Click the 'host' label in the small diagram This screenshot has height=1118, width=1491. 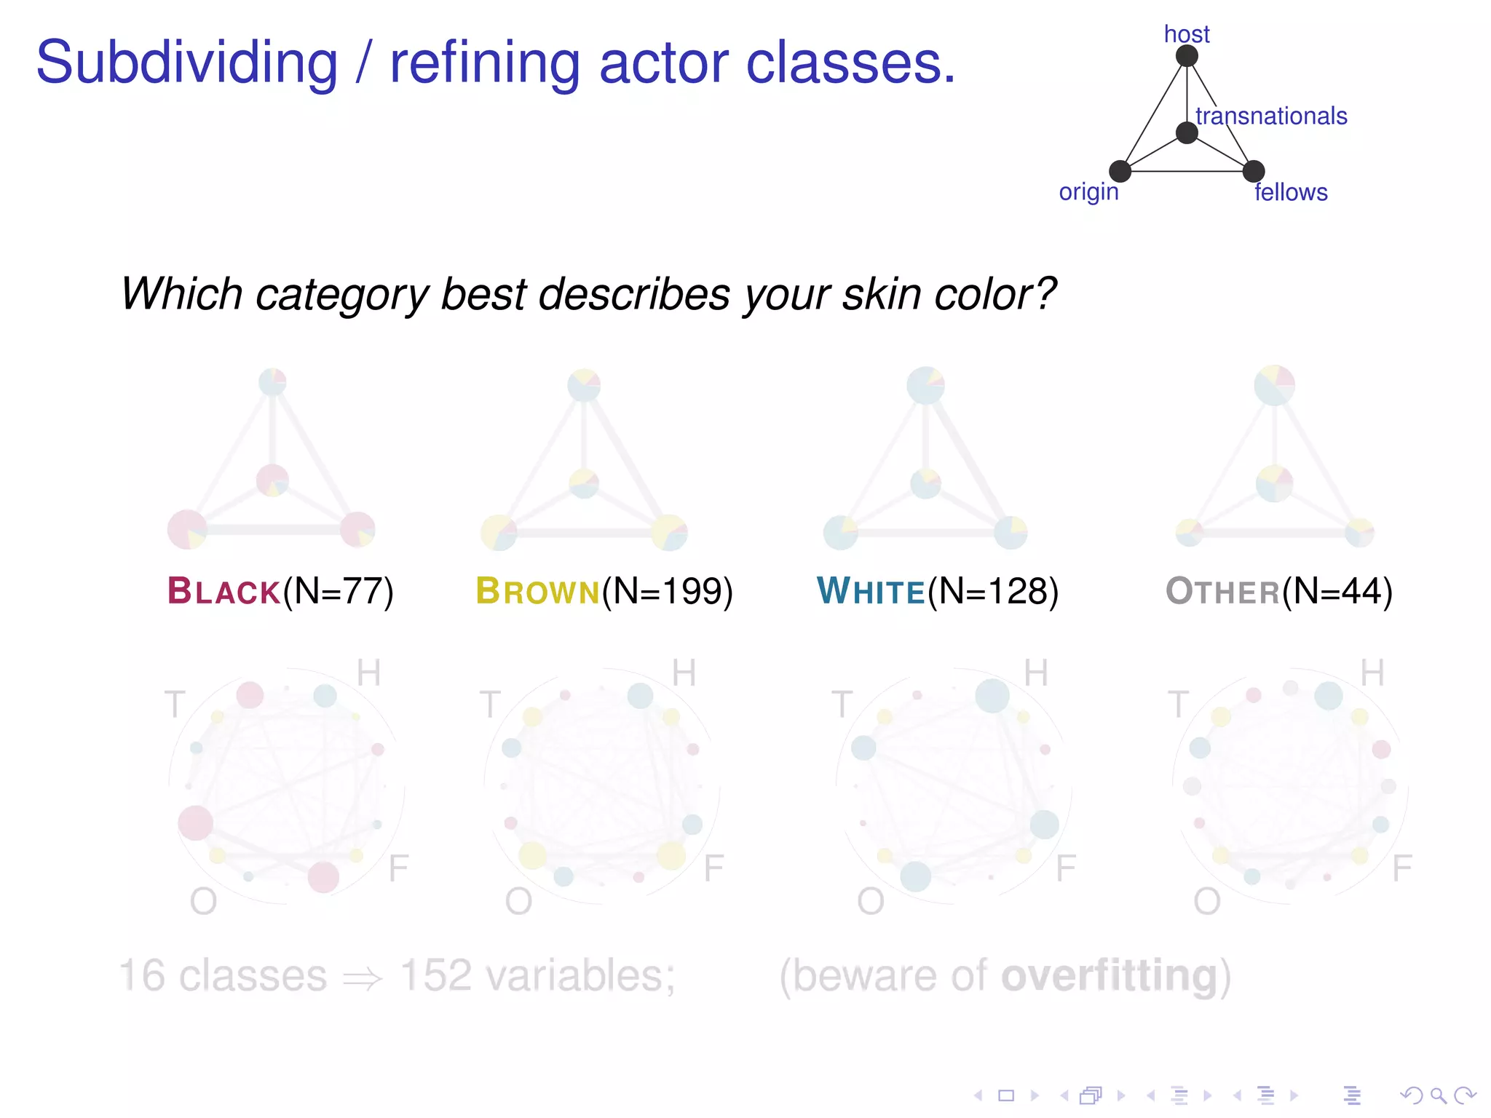(x=1186, y=34)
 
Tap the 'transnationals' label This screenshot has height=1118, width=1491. (x=1271, y=116)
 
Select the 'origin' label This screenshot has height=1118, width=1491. (x=1088, y=192)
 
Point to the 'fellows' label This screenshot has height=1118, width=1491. (x=1291, y=192)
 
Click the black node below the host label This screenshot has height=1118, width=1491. (x=1187, y=56)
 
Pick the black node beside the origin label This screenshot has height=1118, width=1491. (x=1120, y=171)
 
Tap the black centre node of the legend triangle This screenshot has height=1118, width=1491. (x=1187, y=132)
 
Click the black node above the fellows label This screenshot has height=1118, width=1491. (x=1254, y=171)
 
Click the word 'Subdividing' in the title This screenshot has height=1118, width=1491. (x=187, y=64)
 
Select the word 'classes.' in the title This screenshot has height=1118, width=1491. (x=850, y=63)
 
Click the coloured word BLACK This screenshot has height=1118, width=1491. (x=224, y=591)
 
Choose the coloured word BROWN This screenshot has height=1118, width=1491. (x=537, y=591)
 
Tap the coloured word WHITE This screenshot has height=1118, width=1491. (x=871, y=591)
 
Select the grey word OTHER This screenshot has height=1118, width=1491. (x=1222, y=591)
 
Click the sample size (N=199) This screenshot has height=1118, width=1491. (x=667, y=591)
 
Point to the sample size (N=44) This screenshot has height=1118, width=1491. (x=1337, y=591)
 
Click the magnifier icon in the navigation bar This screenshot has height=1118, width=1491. (x=1438, y=1095)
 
